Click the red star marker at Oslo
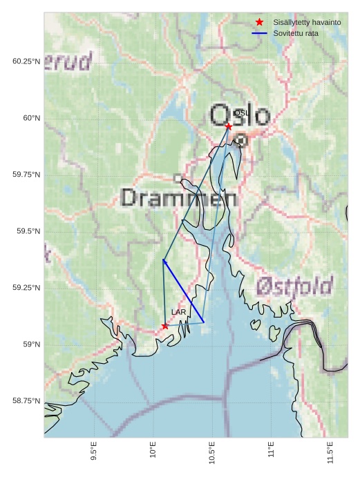(229, 126)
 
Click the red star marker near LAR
(164, 326)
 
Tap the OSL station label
(240, 113)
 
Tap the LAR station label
(179, 313)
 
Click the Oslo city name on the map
(239, 115)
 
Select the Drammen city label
(179, 198)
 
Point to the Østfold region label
(294, 286)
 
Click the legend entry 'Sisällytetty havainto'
(307, 22)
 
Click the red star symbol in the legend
(260, 22)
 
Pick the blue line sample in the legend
(260, 33)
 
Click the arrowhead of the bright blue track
(164, 260)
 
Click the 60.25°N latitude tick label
(26, 61)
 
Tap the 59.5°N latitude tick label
(27, 231)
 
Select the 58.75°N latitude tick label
(26, 401)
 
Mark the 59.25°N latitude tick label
(26, 288)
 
